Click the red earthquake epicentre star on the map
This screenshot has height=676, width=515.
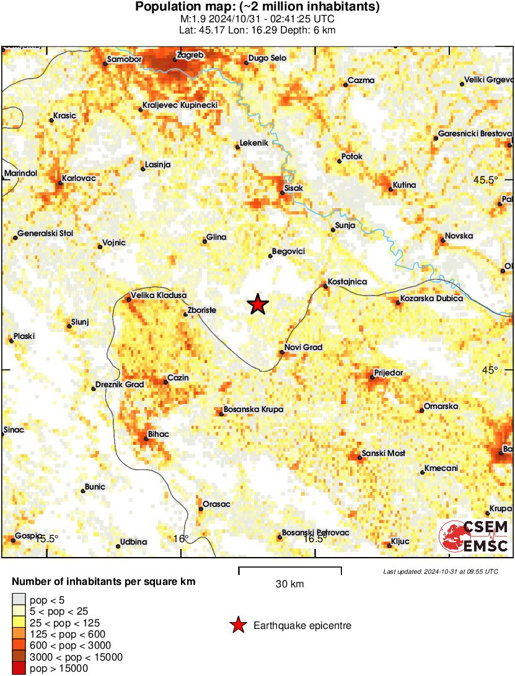258,304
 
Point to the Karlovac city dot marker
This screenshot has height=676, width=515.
60,183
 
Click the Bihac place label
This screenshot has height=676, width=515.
159,434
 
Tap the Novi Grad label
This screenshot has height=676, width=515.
304,347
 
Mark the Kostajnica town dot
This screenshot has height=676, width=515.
325,286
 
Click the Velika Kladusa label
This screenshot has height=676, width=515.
159,295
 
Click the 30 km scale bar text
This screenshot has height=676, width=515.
289,584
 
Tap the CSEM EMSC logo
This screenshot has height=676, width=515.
474,537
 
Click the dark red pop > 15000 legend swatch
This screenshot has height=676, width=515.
19,668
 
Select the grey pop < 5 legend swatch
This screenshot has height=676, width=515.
19,599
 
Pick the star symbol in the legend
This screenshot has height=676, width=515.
237,626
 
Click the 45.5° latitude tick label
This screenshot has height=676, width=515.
485,180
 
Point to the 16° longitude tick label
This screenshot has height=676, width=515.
181,538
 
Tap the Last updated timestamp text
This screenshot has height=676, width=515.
440,571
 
